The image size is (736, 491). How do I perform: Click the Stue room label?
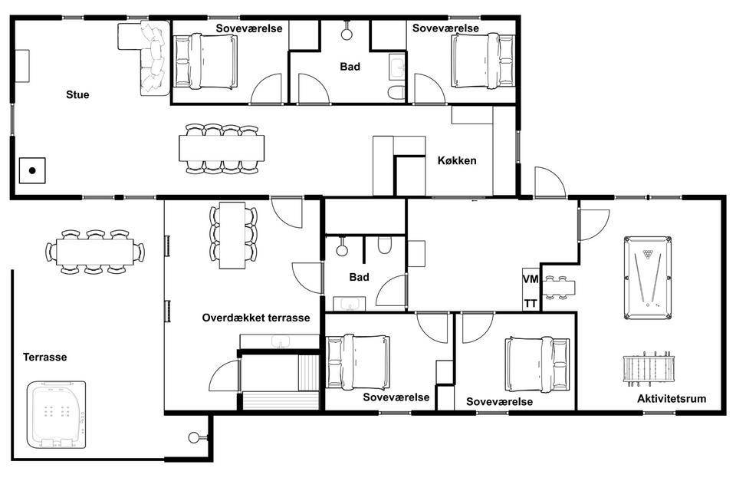77,94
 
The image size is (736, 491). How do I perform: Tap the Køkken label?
457,160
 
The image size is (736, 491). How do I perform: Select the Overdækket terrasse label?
256,318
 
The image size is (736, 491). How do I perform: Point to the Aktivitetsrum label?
672,399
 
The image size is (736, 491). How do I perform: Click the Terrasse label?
45,357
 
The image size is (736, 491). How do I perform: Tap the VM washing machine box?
531,279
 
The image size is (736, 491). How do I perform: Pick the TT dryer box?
531,303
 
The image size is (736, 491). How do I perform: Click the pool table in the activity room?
648,278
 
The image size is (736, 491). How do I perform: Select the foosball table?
649,369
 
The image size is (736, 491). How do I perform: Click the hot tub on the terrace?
56,415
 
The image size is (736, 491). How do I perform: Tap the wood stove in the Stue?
32,170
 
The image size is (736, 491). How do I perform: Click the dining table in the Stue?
222,149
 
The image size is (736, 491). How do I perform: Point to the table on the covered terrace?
232,236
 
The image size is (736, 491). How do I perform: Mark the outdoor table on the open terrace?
95,252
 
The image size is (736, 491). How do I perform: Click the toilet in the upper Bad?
397,93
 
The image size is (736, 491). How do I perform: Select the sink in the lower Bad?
350,304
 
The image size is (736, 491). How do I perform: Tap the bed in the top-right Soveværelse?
484,61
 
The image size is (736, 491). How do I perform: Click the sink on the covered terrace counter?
281,341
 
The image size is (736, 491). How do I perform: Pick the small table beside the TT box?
559,288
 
